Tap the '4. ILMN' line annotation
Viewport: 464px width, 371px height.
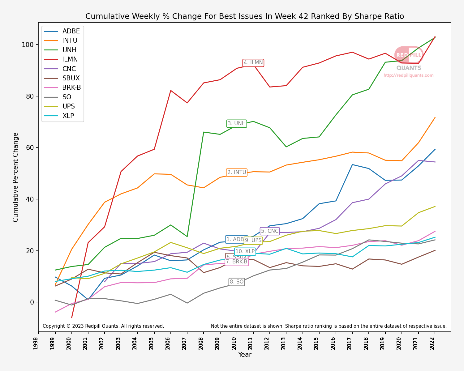pyautogui.click(x=253, y=63)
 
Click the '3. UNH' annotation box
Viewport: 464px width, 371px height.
pyautogui.click(x=237, y=124)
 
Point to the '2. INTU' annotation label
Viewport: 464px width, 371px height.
pyautogui.click(x=237, y=173)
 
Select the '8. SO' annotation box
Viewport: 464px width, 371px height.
pyautogui.click(x=237, y=282)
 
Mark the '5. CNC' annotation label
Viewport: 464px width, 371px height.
pyautogui.click(x=269, y=231)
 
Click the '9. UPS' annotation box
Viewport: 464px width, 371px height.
pyautogui.click(x=253, y=241)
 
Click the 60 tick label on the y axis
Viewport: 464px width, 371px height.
pyautogui.click(x=29, y=148)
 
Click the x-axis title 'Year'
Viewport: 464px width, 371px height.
pyautogui.click(x=245, y=355)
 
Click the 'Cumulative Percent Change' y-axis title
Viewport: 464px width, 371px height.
pyautogui.click(x=16, y=177)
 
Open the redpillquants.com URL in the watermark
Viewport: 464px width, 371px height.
pyautogui.click(x=408, y=75)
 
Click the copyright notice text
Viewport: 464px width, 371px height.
pyautogui.click(x=103, y=326)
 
